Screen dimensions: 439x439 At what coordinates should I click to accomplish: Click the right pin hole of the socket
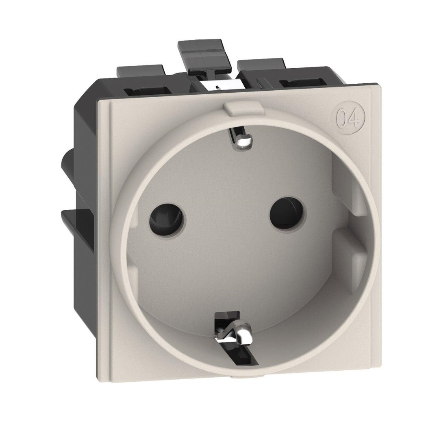pos(287,211)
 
